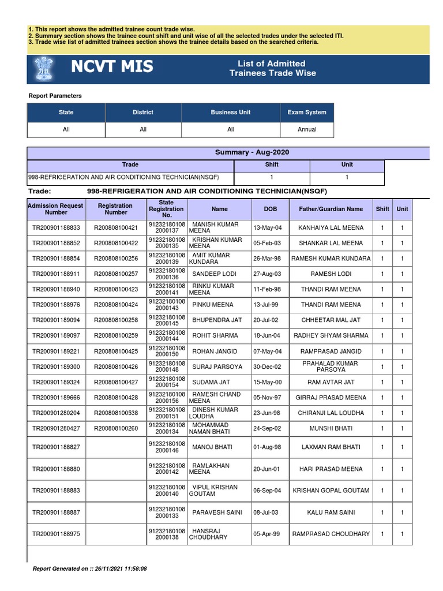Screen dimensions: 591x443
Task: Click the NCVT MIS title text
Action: [x=112, y=68]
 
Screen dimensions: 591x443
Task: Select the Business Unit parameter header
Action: [x=230, y=113]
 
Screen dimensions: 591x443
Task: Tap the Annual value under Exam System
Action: [x=307, y=129]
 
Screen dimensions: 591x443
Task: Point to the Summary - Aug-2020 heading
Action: [x=251, y=152]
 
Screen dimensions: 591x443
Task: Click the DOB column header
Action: [x=270, y=209]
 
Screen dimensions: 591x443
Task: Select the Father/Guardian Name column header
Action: [x=331, y=209]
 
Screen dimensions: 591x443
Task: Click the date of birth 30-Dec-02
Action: [x=266, y=366]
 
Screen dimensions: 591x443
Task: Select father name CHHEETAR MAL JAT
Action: [x=331, y=320]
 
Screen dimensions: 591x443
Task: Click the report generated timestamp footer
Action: [x=90, y=568]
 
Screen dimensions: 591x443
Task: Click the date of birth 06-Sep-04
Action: [x=266, y=491]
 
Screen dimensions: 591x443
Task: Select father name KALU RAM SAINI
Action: [x=331, y=513]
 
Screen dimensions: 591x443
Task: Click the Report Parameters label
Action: [x=55, y=96]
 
